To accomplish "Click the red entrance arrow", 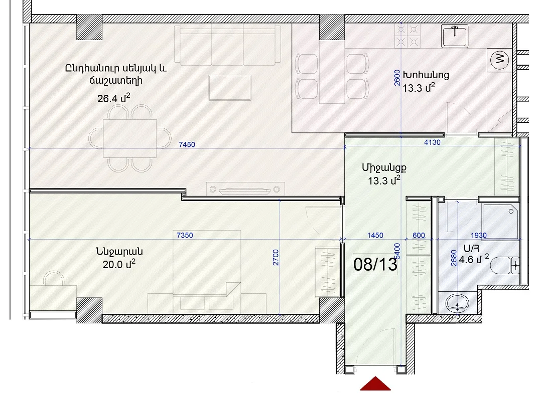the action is [375, 383].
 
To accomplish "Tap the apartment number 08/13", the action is [375, 264].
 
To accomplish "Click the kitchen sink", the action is [455, 36].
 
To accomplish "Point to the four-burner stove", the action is [408, 36].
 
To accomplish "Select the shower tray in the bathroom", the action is [501, 222].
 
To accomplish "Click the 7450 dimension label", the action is [187, 144].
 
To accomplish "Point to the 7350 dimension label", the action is [185, 236].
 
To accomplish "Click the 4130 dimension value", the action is [432, 142].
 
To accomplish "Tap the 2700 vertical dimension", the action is [276, 257].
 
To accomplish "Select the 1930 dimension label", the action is [479, 236].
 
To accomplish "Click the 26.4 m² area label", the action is [113, 98].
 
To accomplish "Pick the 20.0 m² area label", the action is [119, 264].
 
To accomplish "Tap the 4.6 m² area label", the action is [474, 259].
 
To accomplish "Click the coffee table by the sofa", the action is [230, 88].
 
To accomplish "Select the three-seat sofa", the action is [228, 45].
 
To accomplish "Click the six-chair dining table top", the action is [130, 138].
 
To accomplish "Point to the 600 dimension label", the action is [419, 236].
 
